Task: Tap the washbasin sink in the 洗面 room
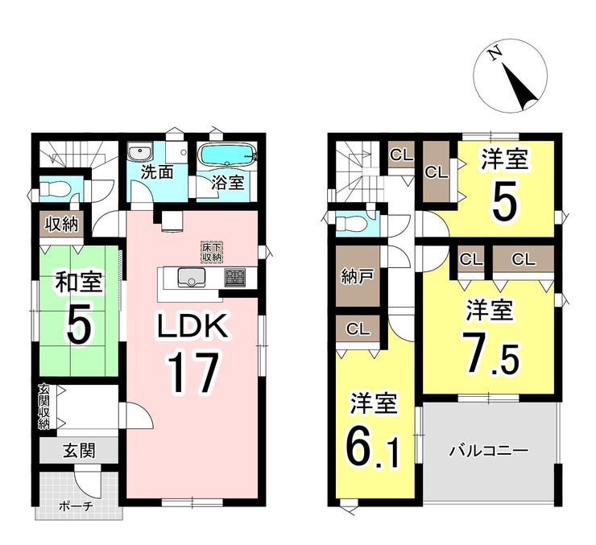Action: tap(139, 153)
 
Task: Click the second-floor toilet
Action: tap(352, 224)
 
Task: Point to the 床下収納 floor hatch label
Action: tap(211, 251)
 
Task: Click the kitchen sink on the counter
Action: tap(191, 277)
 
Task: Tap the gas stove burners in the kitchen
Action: tap(235, 277)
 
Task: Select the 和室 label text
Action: tap(79, 282)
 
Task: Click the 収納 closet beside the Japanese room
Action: tap(62, 225)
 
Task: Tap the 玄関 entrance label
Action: tap(79, 451)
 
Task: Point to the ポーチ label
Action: tap(76, 506)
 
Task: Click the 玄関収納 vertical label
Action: tap(44, 407)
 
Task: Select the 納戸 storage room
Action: tap(358, 276)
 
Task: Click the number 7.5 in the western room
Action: tap(490, 352)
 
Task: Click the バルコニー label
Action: tap(489, 451)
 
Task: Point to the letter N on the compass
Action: tap(495, 55)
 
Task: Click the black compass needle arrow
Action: tap(519, 87)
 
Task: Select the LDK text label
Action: tap(192, 326)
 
